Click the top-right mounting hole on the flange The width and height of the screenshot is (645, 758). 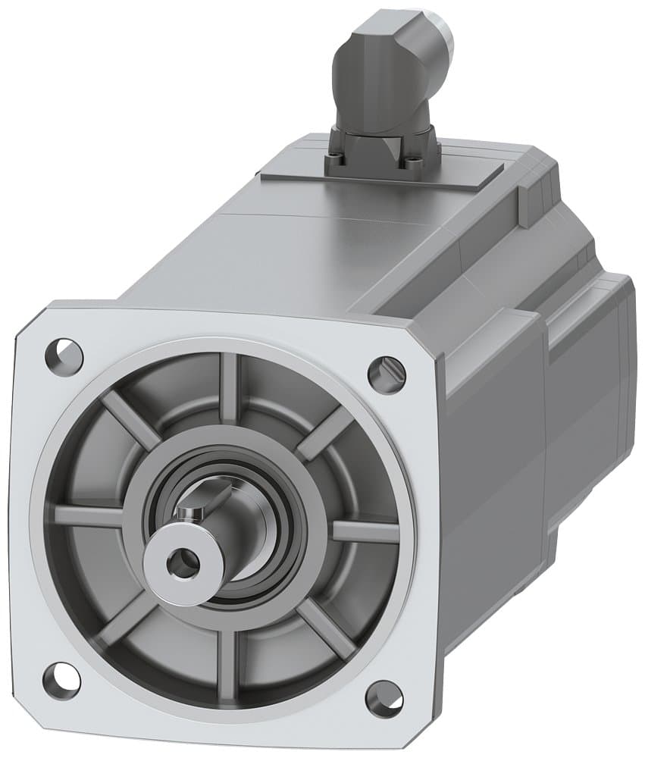click(387, 374)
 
